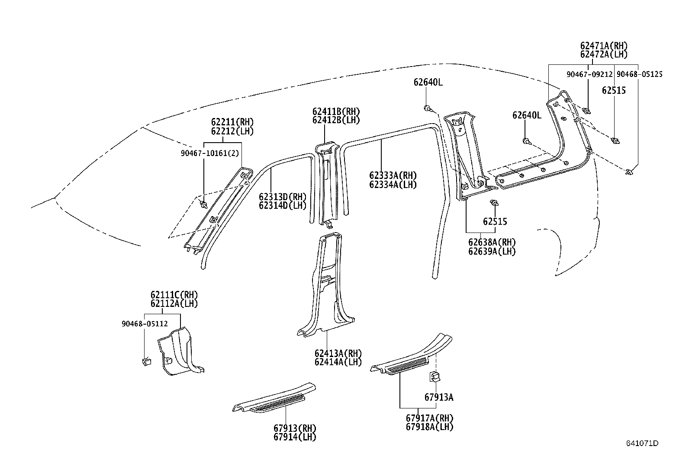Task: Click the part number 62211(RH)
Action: (x=232, y=122)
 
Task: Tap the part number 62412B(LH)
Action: (x=336, y=120)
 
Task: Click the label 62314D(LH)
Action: (x=283, y=205)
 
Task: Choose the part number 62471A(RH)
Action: (x=604, y=46)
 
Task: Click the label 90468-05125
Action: (x=639, y=74)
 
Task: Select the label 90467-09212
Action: (x=589, y=74)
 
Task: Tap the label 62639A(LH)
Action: (x=492, y=251)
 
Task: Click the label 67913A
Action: (x=439, y=397)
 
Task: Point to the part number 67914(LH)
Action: (x=295, y=437)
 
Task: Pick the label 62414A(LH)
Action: (x=338, y=362)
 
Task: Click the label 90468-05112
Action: (x=145, y=323)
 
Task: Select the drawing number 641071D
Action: (x=642, y=443)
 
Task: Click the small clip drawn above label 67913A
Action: (x=435, y=376)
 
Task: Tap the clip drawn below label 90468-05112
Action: (x=146, y=361)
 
